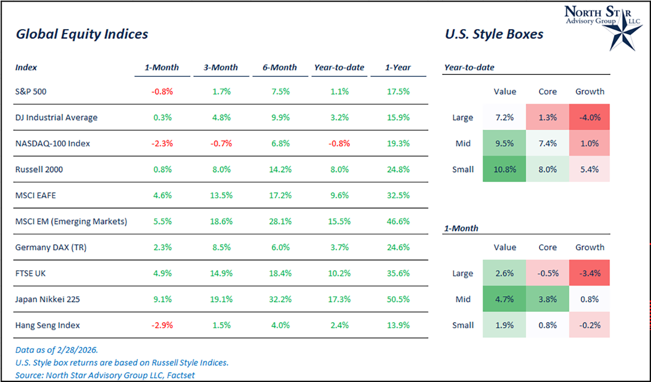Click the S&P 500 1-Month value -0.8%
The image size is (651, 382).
tap(162, 92)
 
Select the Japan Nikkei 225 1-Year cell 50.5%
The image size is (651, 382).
tap(398, 299)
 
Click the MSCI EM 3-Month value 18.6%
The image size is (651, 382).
tap(220, 221)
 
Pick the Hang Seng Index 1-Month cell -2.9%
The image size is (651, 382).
tap(162, 325)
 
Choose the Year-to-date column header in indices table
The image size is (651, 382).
tap(339, 68)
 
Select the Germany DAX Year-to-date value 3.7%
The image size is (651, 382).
tap(339, 247)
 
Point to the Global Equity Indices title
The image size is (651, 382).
tap(82, 34)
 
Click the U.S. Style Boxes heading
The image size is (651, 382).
tap(494, 34)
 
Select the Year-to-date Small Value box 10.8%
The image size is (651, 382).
tap(505, 169)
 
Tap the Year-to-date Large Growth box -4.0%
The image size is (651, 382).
tap(590, 117)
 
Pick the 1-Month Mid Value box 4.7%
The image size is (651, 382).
tap(505, 299)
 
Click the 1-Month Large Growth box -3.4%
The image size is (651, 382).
tap(590, 273)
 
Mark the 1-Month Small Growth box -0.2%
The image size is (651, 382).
tap(590, 325)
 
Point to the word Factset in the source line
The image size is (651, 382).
tap(181, 374)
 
